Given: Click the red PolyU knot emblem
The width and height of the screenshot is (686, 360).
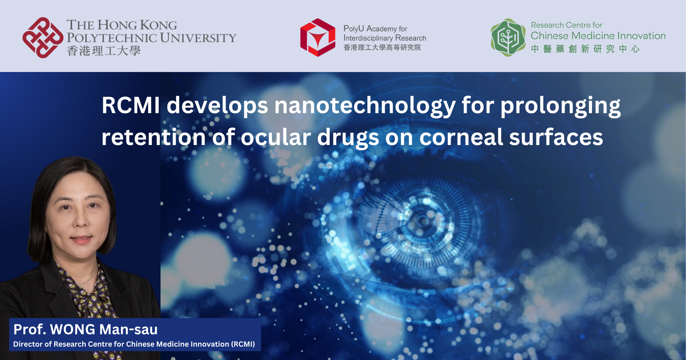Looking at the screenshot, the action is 43,38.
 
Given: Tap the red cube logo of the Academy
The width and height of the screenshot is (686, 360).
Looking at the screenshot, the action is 318,37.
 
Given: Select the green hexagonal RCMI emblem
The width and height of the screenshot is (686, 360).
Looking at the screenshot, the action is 508,37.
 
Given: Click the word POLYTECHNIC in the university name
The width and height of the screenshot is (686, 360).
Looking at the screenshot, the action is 111,38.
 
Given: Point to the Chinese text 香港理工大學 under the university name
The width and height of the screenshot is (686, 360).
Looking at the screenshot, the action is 104,51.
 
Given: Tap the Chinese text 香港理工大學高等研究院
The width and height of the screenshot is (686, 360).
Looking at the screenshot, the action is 382,47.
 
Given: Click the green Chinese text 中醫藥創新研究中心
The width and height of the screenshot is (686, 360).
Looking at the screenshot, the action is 585,49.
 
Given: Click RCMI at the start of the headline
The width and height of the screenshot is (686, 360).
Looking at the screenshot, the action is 131,105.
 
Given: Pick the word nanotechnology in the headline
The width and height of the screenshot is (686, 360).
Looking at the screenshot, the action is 365,106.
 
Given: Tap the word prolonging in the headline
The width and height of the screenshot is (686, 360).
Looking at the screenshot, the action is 560,106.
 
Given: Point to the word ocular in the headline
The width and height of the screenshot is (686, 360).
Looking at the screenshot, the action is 276,137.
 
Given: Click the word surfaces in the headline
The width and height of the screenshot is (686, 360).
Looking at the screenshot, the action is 556,137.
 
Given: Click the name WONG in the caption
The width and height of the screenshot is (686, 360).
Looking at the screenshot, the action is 73,329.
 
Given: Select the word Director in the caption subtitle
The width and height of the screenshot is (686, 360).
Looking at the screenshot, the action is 28,344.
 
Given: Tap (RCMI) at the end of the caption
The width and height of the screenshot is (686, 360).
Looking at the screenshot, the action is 243,344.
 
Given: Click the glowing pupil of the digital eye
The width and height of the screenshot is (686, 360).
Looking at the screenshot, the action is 423,220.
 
